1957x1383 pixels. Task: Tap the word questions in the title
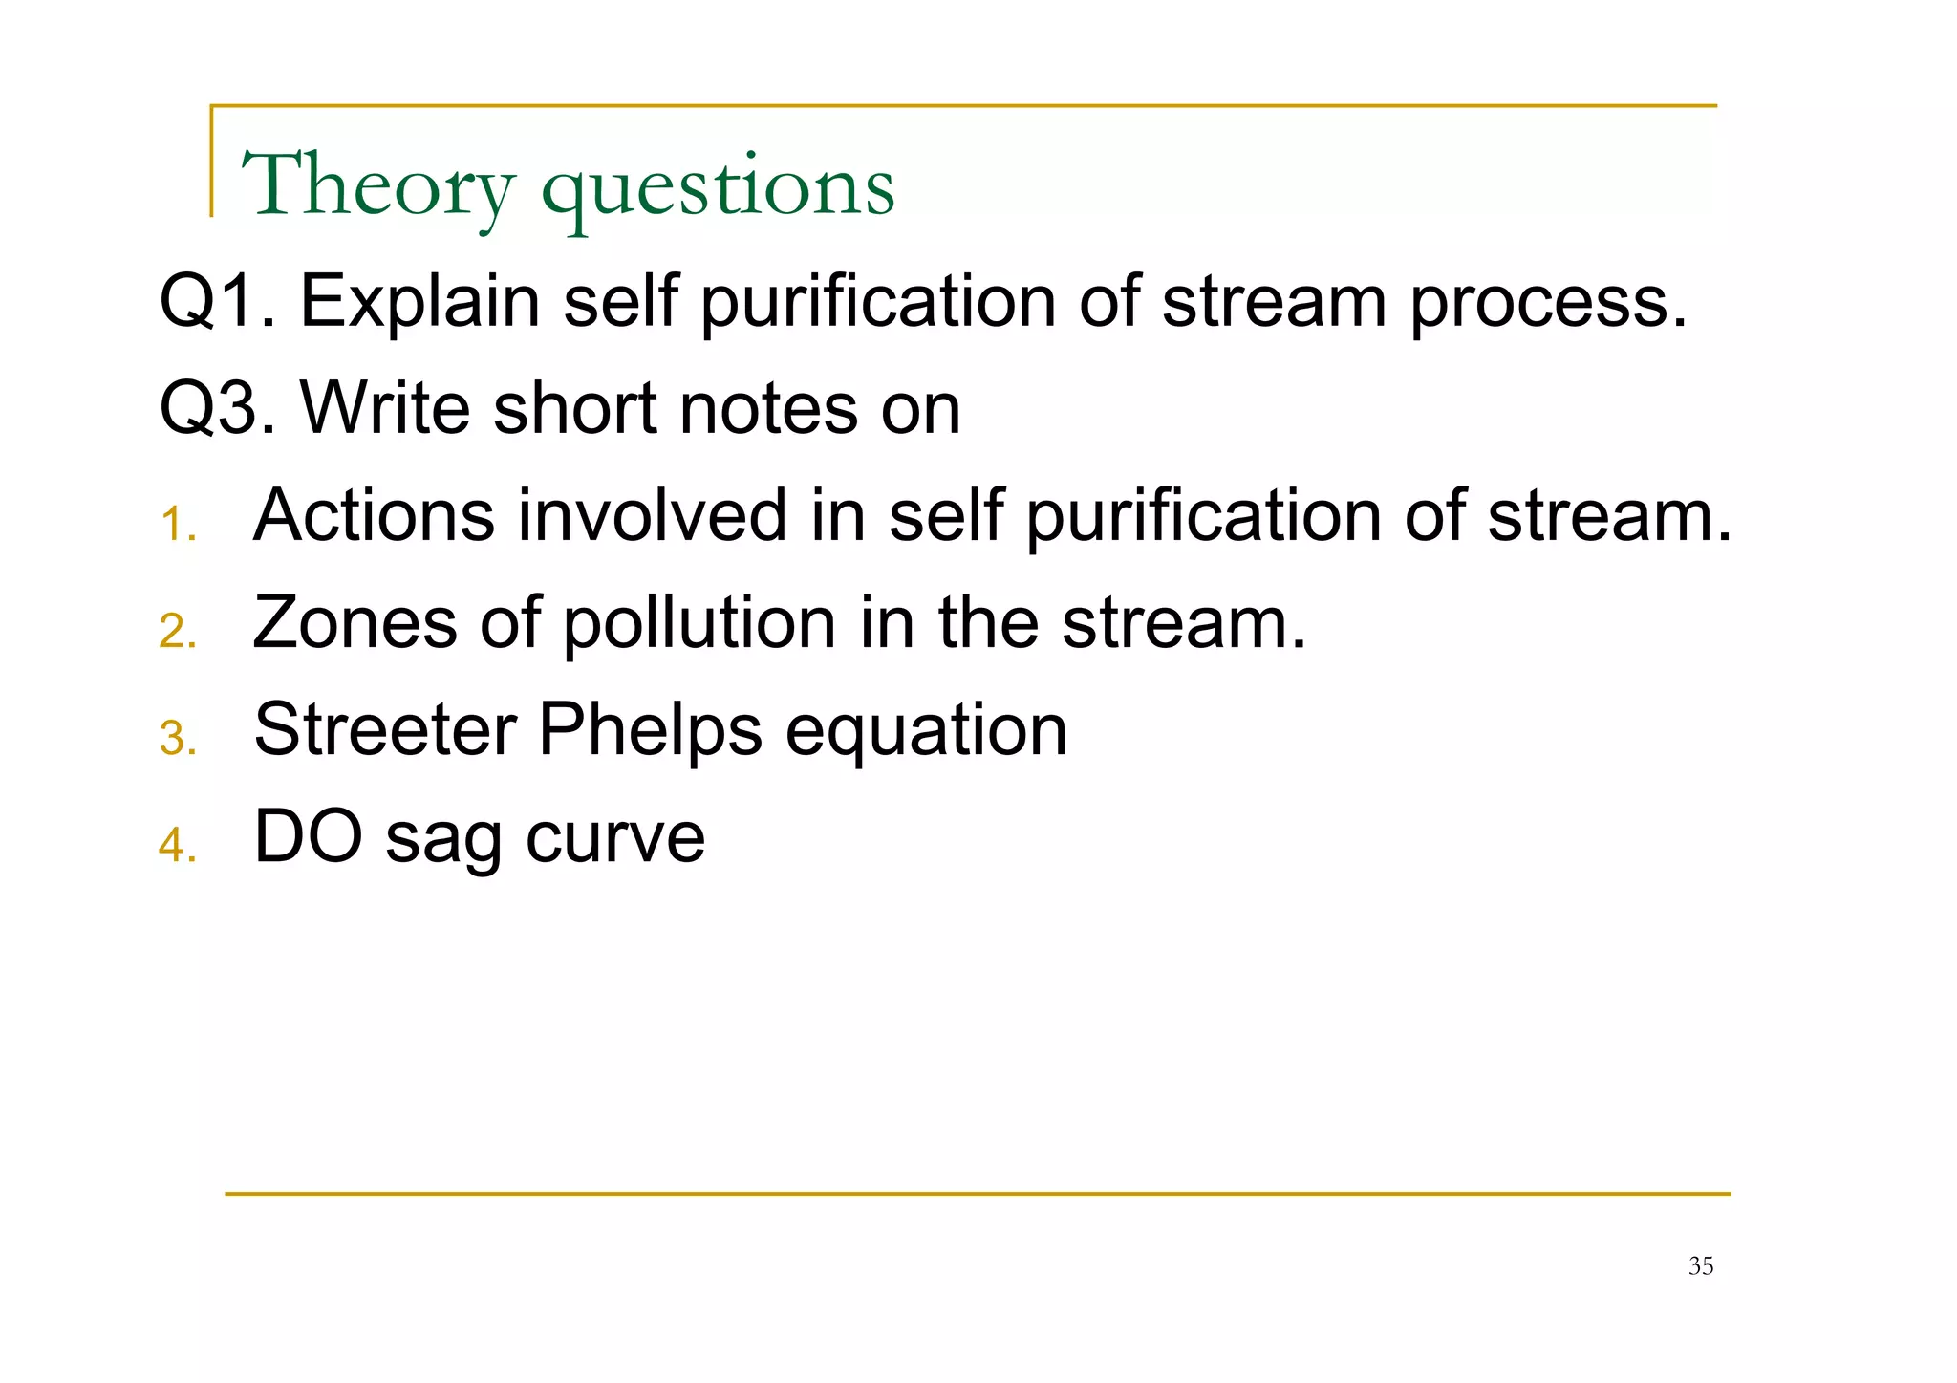718,189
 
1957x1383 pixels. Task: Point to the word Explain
420,302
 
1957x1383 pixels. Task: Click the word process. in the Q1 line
1549,304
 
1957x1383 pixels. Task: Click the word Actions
374,515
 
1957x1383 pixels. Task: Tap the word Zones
355,622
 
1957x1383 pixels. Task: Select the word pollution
699,624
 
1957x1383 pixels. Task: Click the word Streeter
385,729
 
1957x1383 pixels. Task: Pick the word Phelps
650,731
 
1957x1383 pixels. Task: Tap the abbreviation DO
308,836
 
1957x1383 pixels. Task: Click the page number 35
1700,1266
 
